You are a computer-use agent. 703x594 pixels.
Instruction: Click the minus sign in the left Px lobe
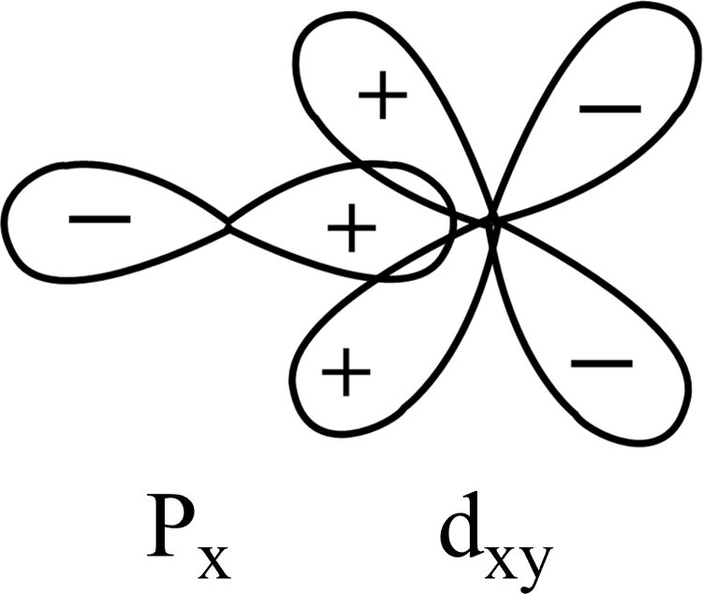(x=99, y=219)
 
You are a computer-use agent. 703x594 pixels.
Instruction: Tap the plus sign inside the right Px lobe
(x=351, y=229)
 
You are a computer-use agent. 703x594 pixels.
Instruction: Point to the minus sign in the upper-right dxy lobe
(x=609, y=109)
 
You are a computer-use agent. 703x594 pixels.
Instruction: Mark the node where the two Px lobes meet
(x=228, y=224)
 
